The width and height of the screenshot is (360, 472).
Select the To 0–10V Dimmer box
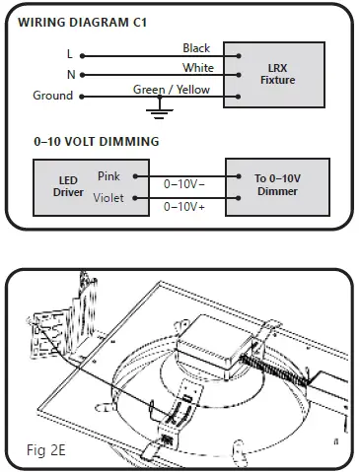click(276, 185)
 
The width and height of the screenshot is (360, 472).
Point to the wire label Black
click(196, 47)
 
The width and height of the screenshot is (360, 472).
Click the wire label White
click(197, 68)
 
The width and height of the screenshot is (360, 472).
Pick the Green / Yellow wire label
click(172, 90)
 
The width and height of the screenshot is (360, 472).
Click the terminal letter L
click(69, 54)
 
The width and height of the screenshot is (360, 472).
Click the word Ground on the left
click(52, 96)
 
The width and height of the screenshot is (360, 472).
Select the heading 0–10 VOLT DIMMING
click(97, 142)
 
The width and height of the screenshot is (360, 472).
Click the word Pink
click(109, 176)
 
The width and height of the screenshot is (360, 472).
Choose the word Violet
click(108, 198)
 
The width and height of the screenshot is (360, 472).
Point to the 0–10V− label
click(183, 184)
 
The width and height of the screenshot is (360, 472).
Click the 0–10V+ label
click(183, 207)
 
